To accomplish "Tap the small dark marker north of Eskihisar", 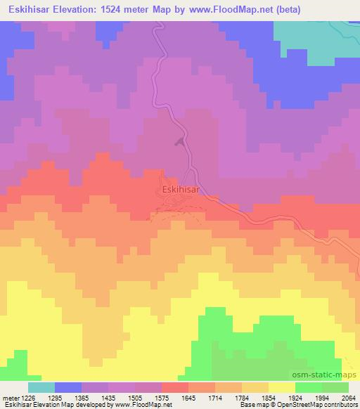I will (x=181, y=143).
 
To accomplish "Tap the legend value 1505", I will (x=144, y=397).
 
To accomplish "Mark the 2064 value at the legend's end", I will (x=348, y=397).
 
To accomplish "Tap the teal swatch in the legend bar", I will (x=41, y=387).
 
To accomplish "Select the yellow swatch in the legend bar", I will (x=282, y=387).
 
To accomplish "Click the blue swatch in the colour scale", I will (x=68, y=387).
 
